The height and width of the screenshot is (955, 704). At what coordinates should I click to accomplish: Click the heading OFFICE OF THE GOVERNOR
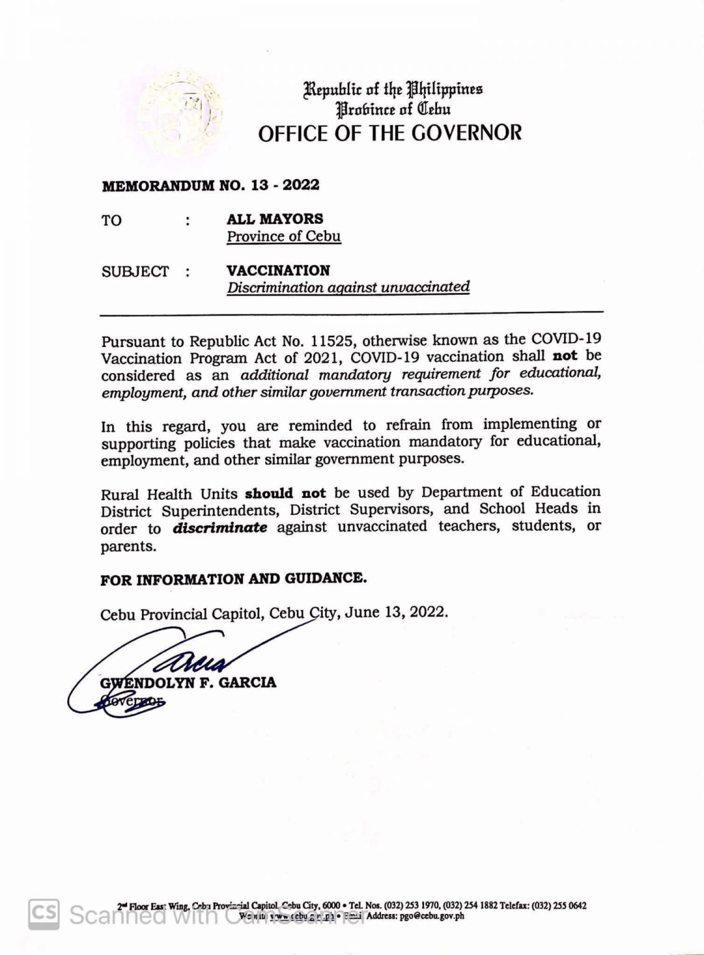(x=390, y=132)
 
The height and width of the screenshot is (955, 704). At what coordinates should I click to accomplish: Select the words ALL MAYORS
(x=275, y=219)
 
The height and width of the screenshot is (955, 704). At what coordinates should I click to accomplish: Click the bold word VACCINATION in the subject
(x=278, y=270)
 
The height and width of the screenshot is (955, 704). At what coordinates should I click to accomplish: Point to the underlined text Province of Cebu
(x=283, y=236)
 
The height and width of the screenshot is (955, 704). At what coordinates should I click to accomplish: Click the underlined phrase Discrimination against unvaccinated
(x=348, y=287)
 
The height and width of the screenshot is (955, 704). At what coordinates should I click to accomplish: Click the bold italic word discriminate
(x=220, y=528)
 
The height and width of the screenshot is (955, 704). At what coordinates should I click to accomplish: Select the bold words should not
(x=285, y=494)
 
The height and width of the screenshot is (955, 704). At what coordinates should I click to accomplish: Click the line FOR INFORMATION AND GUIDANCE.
(x=233, y=579)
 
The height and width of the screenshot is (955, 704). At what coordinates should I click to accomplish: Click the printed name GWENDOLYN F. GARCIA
(x=188, y=683)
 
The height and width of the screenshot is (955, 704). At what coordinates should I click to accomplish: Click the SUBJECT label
(x=135, y=272)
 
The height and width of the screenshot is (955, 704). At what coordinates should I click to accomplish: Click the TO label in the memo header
(x=111, y=220)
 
